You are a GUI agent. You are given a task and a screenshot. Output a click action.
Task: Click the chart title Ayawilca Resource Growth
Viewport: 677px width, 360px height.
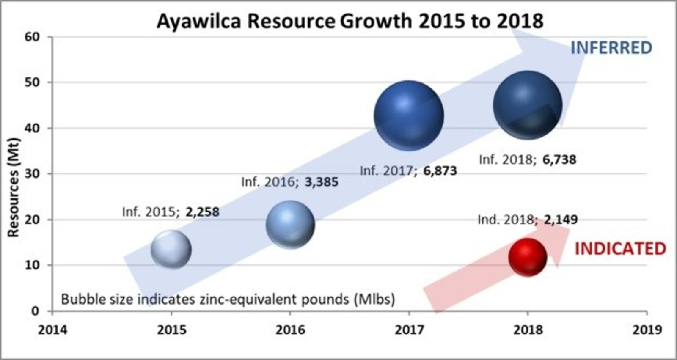coord(350,21)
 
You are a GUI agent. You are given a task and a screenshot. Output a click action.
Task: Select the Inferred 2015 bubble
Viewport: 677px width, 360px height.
coord(171,250)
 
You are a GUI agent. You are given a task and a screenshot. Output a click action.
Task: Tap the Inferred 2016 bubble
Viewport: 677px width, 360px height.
coord(290,225)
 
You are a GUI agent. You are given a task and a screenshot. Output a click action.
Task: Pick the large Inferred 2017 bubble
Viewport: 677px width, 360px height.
coord(409,115)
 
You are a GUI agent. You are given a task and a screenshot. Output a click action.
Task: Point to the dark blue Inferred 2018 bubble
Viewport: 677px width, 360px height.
coord(528,105)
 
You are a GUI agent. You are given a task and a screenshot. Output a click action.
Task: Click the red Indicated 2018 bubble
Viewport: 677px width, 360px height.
coord(528,257)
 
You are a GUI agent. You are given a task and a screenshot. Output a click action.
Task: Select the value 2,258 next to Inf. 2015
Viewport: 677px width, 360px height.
coord(203,212)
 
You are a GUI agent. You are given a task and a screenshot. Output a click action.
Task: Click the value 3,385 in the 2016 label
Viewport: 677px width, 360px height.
coord(322,182)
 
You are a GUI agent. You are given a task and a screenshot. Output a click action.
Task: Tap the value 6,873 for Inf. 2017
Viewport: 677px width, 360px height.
coord(440,171)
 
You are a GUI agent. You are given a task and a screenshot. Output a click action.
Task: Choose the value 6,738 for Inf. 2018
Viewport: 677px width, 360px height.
coord(559,159)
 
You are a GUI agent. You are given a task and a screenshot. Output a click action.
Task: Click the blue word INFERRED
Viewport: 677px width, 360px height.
coord(611,48)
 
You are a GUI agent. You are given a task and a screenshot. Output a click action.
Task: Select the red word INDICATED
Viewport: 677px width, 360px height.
coord(620,249)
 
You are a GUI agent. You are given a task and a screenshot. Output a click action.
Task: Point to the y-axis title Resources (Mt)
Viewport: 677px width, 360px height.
coord(14,187)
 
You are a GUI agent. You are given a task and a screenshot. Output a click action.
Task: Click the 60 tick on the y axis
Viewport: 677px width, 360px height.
coord(32,37)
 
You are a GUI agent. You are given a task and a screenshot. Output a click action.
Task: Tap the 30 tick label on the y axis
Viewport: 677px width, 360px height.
coord(32,174)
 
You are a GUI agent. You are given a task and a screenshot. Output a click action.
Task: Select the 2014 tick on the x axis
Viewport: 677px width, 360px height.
coord(52,330)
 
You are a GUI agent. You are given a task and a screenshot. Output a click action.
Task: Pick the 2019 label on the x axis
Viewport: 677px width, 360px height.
coord(647,330)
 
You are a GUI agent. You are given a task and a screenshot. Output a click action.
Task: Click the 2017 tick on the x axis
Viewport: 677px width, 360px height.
coord(409,330)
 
